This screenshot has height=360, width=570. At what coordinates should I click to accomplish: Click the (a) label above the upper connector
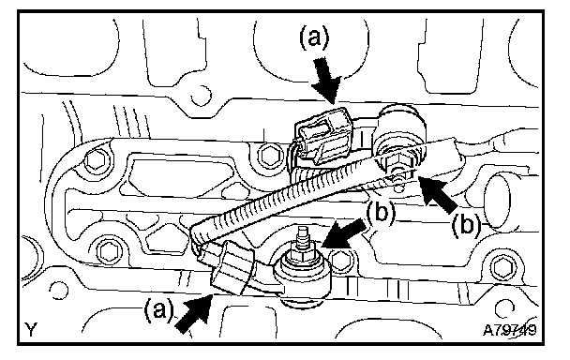(x=314, y=39)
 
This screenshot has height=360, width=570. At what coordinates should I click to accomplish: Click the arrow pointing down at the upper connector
(x=326, y=81)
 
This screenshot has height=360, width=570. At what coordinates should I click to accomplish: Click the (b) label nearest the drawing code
(x=466, y=225)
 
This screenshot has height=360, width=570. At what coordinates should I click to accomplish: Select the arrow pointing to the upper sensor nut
(x=438, y=193)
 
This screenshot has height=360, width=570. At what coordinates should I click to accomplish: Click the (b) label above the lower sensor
(x=381, y=213)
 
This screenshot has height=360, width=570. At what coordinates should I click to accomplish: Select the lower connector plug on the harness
(x=231, y=267)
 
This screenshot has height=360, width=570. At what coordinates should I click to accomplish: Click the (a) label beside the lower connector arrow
(x=158, y=310)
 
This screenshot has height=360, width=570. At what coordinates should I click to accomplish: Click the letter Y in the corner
(x=31, y=329)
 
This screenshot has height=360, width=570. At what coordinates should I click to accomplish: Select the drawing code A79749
(x=509, y=330)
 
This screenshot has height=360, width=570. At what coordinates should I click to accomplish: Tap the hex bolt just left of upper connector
(x=269, y=156)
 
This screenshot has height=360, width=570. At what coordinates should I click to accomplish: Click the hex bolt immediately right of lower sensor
(x=339, y=261)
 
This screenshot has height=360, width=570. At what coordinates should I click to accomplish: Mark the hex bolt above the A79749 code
(x=503, y=268)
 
